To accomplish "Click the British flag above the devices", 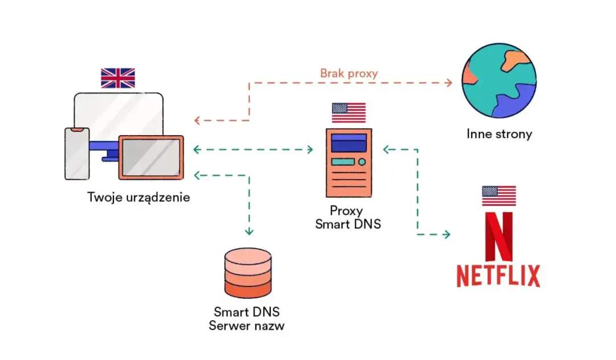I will click(117, 78).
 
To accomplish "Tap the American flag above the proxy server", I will click(348, 112).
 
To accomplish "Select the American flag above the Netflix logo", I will click(499, 196).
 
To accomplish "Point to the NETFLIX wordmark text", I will click(498, 276).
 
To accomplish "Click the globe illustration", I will click(499, 81).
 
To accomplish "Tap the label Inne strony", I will click(499, 135).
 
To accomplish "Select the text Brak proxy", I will click(348, 73).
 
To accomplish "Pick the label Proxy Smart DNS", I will click(348, 217).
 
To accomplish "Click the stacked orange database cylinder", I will click(248, 274).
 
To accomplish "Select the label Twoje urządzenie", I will click(139, 197).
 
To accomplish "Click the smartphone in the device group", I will click(76, 152).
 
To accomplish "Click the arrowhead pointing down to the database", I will click(249, 232).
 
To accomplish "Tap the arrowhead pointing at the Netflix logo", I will click(447, 234).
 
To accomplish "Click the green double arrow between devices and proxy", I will click(253, 150).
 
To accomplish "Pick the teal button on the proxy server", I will click(341, 161).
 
